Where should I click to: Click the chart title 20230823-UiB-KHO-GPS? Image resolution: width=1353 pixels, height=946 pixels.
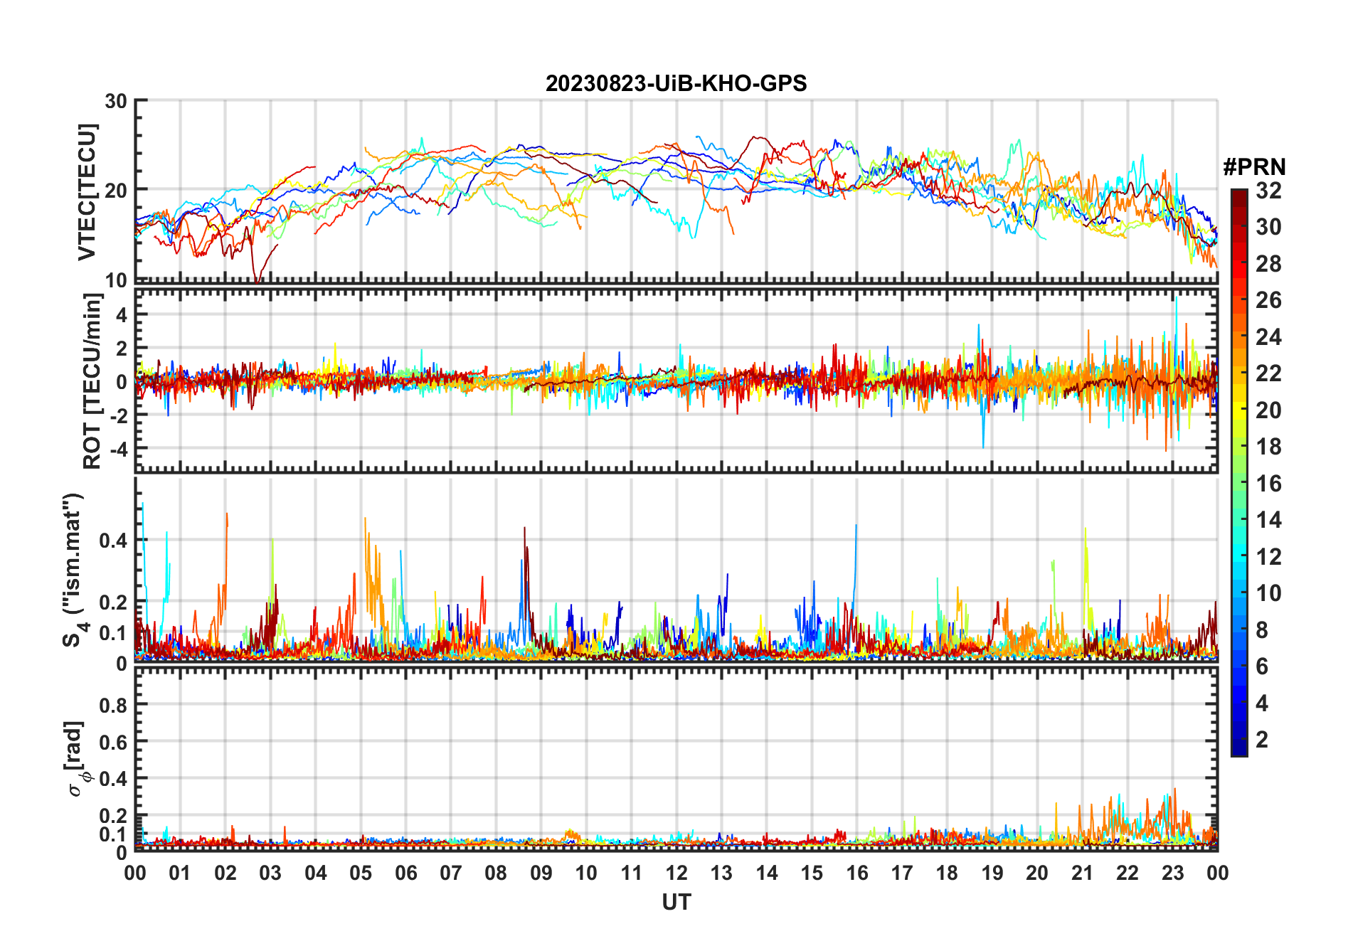(x=676, y=84)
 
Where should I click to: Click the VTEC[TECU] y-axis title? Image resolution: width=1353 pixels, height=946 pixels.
(x=87, y=192)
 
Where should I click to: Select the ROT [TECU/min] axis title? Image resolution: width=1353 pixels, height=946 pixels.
(x=92, y=381)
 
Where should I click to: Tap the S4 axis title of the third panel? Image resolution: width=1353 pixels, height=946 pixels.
(x=73, y=569)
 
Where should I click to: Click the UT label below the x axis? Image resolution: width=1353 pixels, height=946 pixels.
(x=676, y=903)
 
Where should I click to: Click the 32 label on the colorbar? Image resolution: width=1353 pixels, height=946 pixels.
(x=1268, y=191)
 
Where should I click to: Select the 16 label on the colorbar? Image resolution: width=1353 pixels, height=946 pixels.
(x=1268, y=484)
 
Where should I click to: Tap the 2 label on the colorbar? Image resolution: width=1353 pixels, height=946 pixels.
(x=1262, y=740)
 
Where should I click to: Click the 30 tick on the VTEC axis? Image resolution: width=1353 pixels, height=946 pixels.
(x=116, y=101)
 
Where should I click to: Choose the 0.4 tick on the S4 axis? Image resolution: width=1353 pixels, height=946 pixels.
(x=113, y=541)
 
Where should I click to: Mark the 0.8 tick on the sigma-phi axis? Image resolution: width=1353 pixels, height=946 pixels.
(x=113, y=705)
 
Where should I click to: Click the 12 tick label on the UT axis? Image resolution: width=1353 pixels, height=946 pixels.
(x=676, y=873)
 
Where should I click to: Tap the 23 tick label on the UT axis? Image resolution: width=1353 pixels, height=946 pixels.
(x=1172, y=873)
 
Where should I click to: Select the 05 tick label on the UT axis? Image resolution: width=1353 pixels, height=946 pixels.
(x=361, y=873)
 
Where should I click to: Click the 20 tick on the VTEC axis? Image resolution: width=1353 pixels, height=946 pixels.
(x=116, y=191)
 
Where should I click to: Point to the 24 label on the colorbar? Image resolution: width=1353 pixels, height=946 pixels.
(x=1268, y=337)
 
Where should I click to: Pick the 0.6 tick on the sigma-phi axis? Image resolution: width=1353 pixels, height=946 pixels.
(x=113, y=742)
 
